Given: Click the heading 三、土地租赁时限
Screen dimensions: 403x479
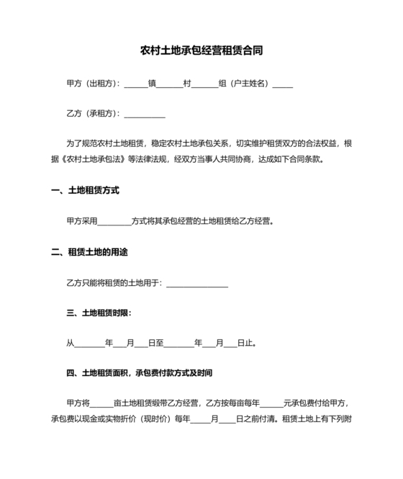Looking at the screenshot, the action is tap(99, 313).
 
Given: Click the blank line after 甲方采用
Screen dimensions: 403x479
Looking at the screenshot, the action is tap(114, 222).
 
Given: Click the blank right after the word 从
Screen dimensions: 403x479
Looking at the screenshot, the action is tap(89, 343).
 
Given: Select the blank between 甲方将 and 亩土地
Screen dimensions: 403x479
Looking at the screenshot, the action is tap(101, 403).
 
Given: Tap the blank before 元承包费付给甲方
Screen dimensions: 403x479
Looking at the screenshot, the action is tap(272, 403).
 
